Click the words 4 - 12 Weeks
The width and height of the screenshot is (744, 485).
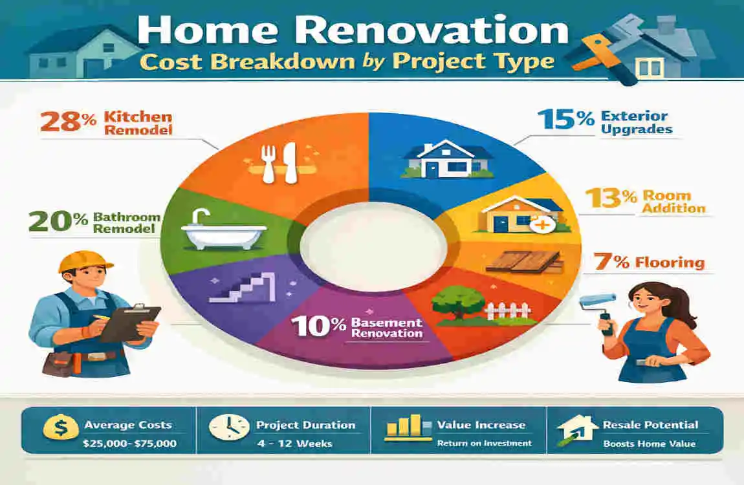click(x=294, y=444)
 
